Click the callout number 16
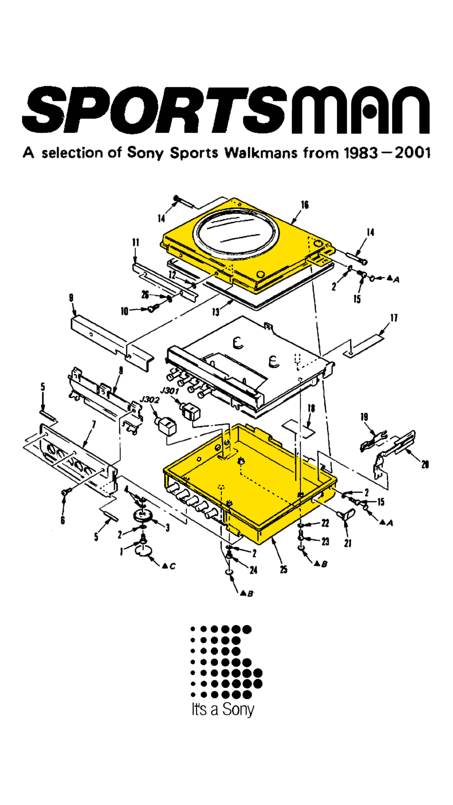[304, 205]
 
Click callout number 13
[216, 312]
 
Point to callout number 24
[253, 570]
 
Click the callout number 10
[124, 312]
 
